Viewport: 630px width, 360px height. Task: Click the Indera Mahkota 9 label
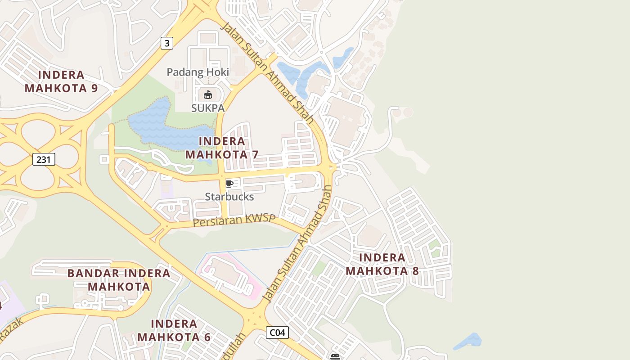pos(61,81)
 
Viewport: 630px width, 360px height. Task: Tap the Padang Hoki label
pos(198,72)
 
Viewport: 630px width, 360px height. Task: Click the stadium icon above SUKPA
pos(207,94)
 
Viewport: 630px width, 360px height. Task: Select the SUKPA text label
pos(207,108)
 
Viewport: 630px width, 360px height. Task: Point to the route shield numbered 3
pos(167,43)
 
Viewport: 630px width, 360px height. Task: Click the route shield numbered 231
pos(44,159)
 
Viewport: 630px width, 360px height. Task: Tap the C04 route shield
pos(277,333)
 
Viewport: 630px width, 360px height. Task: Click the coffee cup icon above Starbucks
pos(229,183)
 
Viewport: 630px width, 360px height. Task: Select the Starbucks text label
pos(229,197)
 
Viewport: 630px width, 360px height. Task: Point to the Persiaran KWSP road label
pos(234,220)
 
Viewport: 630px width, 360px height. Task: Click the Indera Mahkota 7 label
pos(222,148)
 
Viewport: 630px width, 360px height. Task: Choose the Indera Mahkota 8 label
pos(382,264)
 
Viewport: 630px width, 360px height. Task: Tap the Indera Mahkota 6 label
pos(174,330)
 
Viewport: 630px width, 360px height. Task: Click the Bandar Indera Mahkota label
pos(119,279)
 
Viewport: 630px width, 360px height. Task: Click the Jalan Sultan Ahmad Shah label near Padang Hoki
pos(267,72)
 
